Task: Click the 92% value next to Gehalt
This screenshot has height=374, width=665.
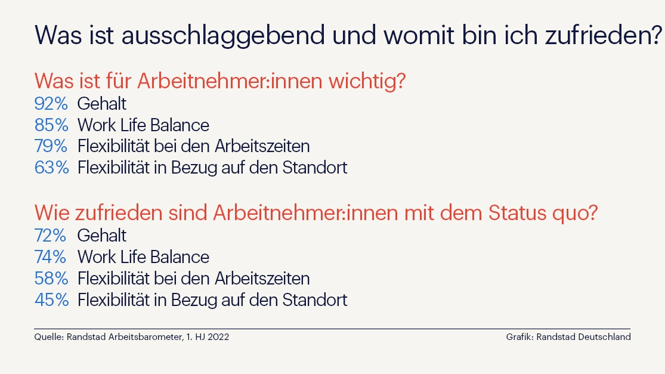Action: coord(51,103)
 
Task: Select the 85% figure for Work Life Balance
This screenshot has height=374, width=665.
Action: coord(51,125)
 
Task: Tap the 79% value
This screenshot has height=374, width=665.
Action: coord(51,146)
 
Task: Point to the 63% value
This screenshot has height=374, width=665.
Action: coord(51,168)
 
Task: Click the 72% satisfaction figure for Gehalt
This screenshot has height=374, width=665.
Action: coord(51,236)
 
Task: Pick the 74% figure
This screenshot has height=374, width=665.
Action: coord(51,257)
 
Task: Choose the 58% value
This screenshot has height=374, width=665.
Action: coord(51,278)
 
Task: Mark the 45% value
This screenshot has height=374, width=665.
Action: coord(51,300)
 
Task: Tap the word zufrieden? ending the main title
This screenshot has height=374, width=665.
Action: coord(604,35)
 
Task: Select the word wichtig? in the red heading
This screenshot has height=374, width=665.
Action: coord(367,81)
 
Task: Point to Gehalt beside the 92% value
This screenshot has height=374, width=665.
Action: coord(102,103)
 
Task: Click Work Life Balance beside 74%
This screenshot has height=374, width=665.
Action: coord(143,257)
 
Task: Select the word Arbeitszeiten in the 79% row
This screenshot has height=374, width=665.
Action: coord(262,146)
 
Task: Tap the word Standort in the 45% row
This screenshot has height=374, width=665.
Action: coord(315,300)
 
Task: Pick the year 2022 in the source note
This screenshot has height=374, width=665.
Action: coord(218,337)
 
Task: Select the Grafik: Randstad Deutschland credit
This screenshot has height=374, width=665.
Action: coord(568,337)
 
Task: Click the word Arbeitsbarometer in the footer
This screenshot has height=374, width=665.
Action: coord(146,337)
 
